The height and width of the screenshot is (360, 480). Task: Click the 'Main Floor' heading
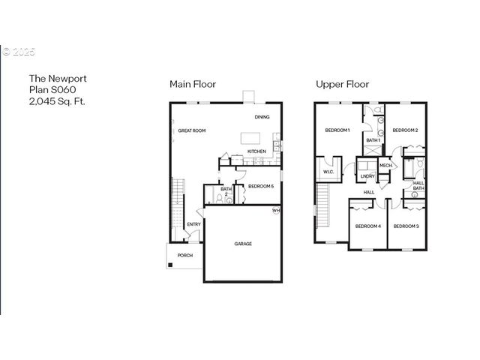coord(193,84)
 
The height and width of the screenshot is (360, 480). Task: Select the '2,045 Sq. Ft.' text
coord(57,100)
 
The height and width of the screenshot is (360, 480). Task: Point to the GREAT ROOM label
coord(192,130)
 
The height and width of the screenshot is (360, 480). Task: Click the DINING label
coord(262,117)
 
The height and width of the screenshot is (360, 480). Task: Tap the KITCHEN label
coord(257,151)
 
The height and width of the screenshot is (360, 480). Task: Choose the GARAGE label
coord(243,244)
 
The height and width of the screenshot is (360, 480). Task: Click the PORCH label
coord(184,255)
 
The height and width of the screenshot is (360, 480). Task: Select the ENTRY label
coord(193,223)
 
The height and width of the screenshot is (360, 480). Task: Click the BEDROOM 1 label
coord(337,130)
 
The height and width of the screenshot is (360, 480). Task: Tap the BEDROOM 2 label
coord(405,130)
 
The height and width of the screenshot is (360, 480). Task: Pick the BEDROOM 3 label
coord(406,226)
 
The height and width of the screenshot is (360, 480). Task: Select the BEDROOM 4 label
coord(367,226)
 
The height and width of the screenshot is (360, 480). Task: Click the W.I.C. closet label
coord(328,171)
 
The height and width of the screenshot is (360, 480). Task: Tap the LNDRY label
coord(367,176)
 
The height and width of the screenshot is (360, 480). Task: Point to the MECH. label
coord(386,165)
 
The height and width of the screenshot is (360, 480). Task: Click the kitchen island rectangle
coord(251,139)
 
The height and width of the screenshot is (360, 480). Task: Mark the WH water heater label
coord(276,211)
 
